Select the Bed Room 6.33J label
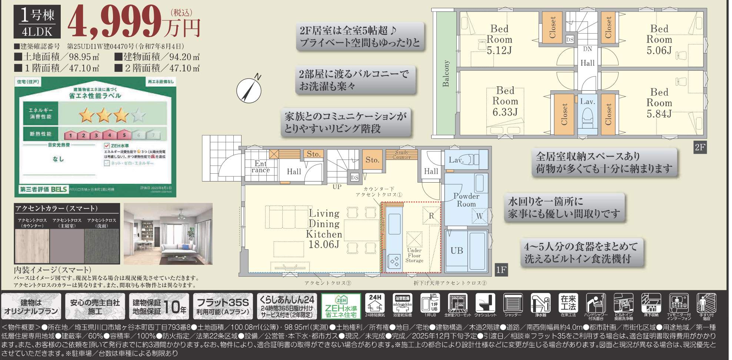click(505, 101)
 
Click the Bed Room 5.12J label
click(499, 39)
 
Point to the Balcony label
click(446, 74)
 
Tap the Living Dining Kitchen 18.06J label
click(324, 229)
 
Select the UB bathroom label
click(456, 251)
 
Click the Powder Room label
click(466, 200)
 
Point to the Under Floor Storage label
click(414, 255)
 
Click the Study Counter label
click(402, 155)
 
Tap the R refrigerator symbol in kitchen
click(431, 216)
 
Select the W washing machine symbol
click(479, 216)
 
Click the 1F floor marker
click(501, 270)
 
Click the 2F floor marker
click(700, 147)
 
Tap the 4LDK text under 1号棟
click(37, 32)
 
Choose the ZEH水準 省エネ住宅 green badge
click(341, 306)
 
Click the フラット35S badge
click(223, 306)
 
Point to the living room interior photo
click(168, 234)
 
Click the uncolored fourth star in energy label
click(138, 115)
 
